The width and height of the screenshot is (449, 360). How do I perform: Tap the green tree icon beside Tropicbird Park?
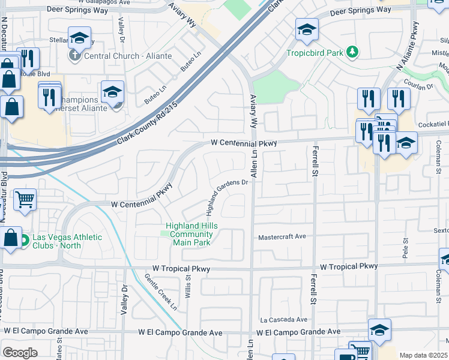pyautogui.click(x=354, y=52)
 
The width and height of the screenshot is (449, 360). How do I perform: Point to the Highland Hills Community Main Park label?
pyautogui.click(x=191, y=234)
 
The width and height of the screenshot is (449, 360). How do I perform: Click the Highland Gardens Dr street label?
pyautogui.click(x=227, y=197)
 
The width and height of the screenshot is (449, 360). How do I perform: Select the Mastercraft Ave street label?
pyautogui.click(x=282, y=238)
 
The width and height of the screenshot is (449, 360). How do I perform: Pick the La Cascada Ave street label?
pyautogui.click(x=283, y=320)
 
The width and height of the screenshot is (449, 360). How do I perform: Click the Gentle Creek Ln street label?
pyautogui.click(x=161, y=292)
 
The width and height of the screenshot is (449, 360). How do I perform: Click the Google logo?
pyautogui.click(x=20, y=353)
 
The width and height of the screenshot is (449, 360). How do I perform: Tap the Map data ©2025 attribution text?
pyautogui.click(x=424, y=355)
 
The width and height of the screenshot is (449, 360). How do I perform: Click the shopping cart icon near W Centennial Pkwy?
pyautogui.click(x=25, y=200)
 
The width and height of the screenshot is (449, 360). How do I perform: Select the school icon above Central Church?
pyautogui.click(x=79, y=39)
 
